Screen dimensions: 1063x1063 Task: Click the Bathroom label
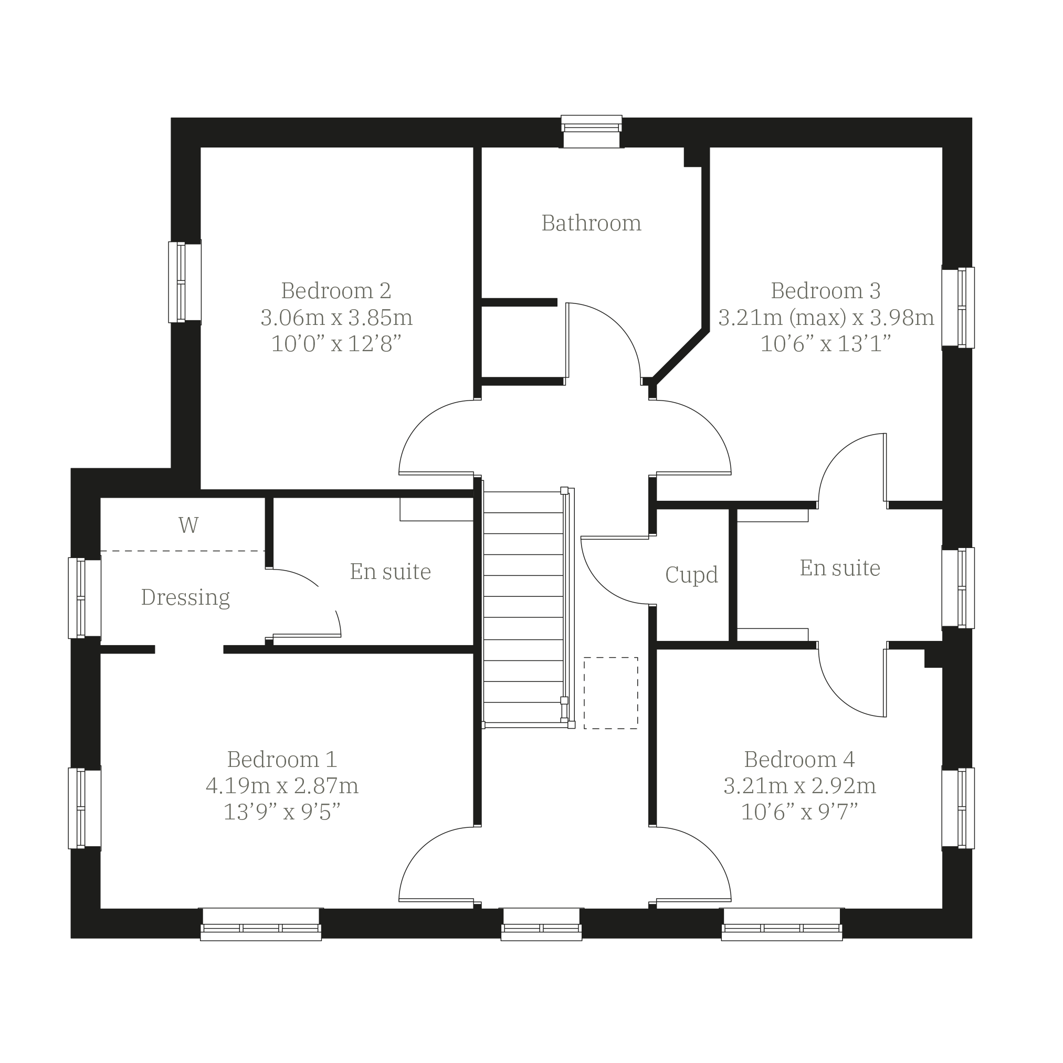pos(592,223)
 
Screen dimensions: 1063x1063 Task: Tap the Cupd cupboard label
pos(692,575)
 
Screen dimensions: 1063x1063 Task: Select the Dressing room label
pos(185,597)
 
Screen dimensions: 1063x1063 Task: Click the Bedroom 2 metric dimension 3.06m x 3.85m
pos(336,318)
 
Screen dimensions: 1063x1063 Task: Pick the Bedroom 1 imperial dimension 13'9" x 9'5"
pos(282,812)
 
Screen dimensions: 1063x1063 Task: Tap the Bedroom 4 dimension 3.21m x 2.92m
pos(799,786)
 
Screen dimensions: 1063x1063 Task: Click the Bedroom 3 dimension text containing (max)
pos(826,318)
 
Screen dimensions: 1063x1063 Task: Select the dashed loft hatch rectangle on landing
pos(611,693)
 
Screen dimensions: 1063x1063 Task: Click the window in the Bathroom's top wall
pos(592,132)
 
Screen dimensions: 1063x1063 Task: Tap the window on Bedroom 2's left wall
pos(185,282)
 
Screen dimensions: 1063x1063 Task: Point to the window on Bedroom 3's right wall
pos(958,308)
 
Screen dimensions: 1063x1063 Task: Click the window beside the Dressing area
pos(85,598)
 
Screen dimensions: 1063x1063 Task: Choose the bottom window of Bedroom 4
pos(782,924)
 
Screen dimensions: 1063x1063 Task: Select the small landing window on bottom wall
pos(541,924)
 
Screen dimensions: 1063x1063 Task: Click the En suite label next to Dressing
pos(391,572)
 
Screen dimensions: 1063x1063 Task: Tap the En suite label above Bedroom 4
pos(839,568)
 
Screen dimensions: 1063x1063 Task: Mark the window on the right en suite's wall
pos(958,587)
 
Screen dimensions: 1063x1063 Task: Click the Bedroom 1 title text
pos(282,759)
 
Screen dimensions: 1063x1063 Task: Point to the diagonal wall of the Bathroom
pos(680,356)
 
